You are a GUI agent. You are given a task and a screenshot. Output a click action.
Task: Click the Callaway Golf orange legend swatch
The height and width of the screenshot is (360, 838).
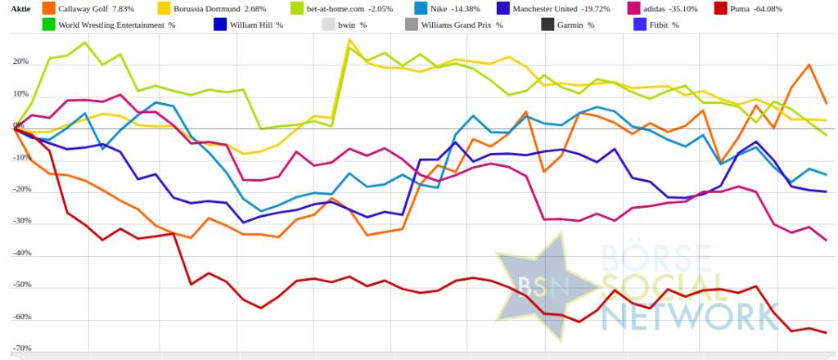(48, 8)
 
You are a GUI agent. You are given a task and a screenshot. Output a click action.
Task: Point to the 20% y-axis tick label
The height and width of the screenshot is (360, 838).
(20, 62)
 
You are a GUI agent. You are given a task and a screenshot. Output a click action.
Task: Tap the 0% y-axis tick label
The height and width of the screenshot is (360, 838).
(18, 126)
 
